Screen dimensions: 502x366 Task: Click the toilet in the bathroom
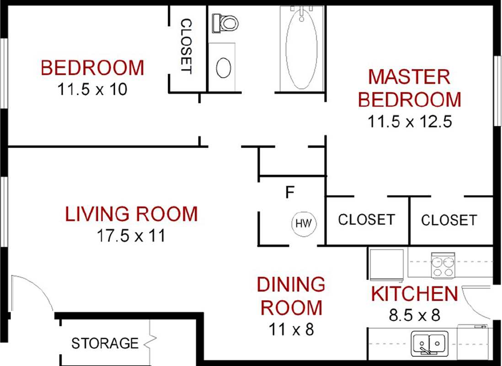pos(226,23)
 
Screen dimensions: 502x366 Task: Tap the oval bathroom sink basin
pos(224,68)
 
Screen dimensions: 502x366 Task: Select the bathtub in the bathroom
pos(301,48)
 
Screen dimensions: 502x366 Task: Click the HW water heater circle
pos(304,223)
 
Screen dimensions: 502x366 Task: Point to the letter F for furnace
pos(290,192)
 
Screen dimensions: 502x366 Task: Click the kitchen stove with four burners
pos(443,265)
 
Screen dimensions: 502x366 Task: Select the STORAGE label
pos(105,343)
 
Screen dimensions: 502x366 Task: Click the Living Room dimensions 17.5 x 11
pos(131,236)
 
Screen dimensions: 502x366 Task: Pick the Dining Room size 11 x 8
pos(291,329)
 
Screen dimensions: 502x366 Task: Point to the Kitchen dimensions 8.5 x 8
pos(415,315)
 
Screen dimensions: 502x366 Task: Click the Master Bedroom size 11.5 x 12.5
pos(410,121)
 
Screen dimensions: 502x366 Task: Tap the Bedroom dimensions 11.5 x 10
pos(92,89)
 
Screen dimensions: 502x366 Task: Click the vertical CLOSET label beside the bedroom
pos(187,46)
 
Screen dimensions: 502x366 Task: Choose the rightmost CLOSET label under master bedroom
pos(449,220)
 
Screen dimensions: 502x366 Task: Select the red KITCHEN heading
pos(415,294)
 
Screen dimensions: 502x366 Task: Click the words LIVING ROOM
pos(132,214)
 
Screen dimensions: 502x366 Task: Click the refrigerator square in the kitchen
pos(386,265)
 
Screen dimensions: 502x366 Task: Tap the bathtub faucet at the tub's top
pos(301,13)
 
